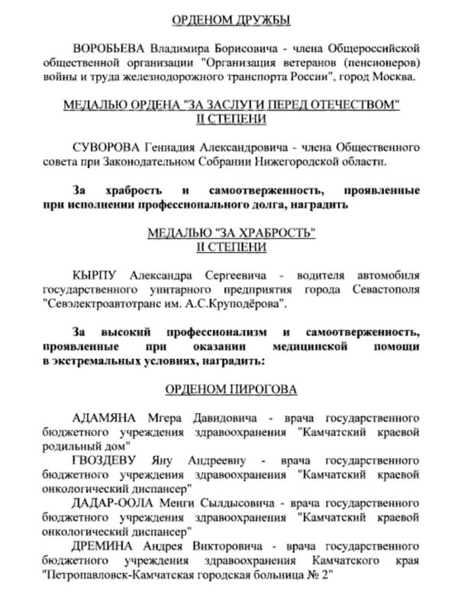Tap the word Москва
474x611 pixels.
[389, 77]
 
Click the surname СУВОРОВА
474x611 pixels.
[108, 147]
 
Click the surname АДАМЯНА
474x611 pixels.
[104, 419]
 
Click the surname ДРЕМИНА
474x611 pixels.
[103, 547]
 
